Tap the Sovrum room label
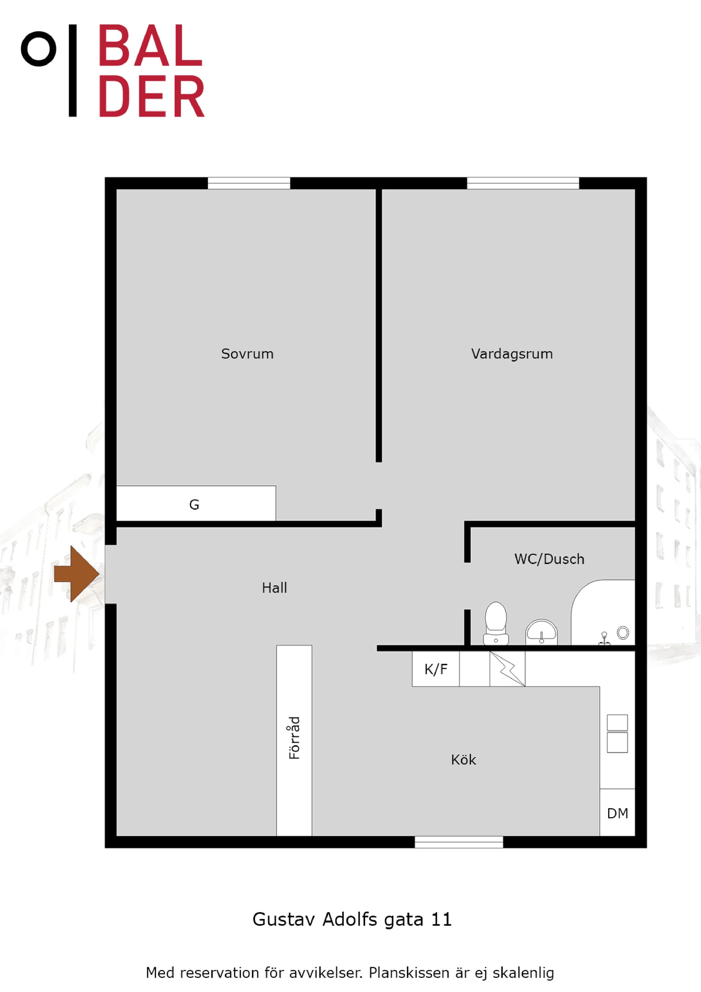[247, 354]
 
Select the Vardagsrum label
[512, 354]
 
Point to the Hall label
[274, 588]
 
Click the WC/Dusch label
[549, 559]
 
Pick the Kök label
[463, 760]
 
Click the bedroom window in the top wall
[249, 183]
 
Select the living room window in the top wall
[522, 183]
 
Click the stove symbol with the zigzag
[507, 669]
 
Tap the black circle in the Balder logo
[38, 49]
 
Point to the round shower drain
[623, 633]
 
